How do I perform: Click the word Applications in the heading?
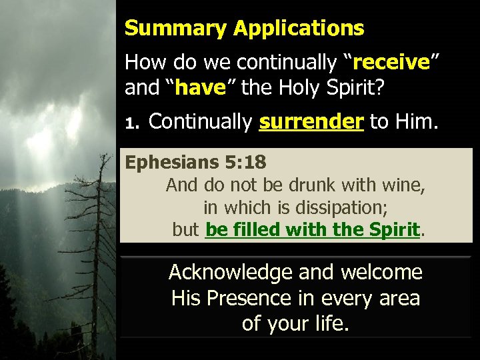299,29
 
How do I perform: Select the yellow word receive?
391,63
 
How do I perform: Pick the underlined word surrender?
311,122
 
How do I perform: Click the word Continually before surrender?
199,122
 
